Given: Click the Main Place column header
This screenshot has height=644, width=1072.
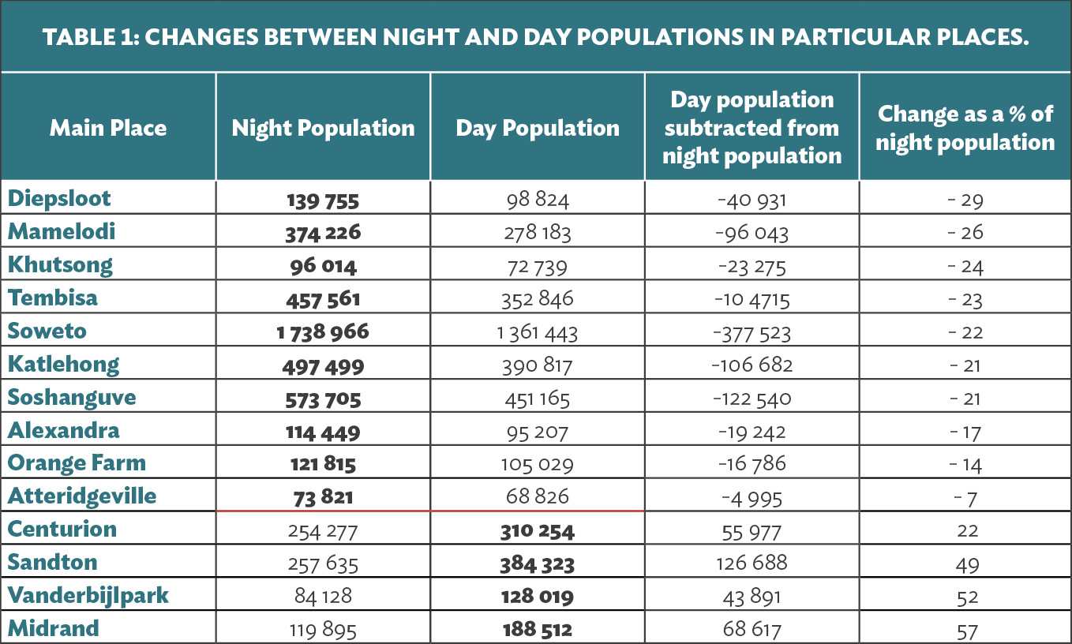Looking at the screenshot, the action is pyautogui.click(x=108, y=128).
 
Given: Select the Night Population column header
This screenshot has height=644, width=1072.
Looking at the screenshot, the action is pyautogui.click(x=323, y=128).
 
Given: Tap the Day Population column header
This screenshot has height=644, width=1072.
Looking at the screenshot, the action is pyautogui.click(x=538, y=128).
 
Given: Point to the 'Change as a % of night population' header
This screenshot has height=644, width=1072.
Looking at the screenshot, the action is pyautogui.click(x=965, y=128).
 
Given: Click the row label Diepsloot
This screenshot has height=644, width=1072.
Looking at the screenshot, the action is pyautogui.click(x=59, y=198).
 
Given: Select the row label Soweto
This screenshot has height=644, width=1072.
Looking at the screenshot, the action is pyautogui.click(x=47, y=331).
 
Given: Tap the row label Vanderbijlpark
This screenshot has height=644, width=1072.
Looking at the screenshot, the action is pyautogui.click(x=88, y=596).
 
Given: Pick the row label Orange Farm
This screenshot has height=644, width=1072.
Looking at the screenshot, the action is pyautogui.click(x=77, y=462).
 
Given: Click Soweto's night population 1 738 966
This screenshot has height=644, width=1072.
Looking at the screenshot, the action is pyautogui.click(x=323, y=332).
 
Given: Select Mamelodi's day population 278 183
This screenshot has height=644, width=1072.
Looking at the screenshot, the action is pyautogui.click(x=538, y=233).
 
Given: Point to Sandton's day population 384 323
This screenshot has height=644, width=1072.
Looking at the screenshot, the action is pyautogui.click(x=538, y=564).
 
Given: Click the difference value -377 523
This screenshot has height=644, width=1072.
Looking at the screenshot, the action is pyautogui.click(x=752, y=333).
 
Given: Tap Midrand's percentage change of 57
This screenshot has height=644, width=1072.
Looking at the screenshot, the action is pyautogui.click(x=967, y=632).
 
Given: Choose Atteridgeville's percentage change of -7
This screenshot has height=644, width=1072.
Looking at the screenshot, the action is pyautogui.click(x=965, y=499).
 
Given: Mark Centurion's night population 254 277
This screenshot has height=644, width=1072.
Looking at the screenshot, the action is pyautogui.click(x=323, y=532).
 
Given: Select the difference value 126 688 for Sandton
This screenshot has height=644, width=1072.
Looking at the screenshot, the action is pyautogui.click(x=752, y=563).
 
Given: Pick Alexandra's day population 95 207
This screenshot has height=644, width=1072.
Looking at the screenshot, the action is pyautogui.click(x=538, y=432).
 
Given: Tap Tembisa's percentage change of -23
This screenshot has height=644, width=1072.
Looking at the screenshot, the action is pyautogui.click(x=965, y=300).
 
